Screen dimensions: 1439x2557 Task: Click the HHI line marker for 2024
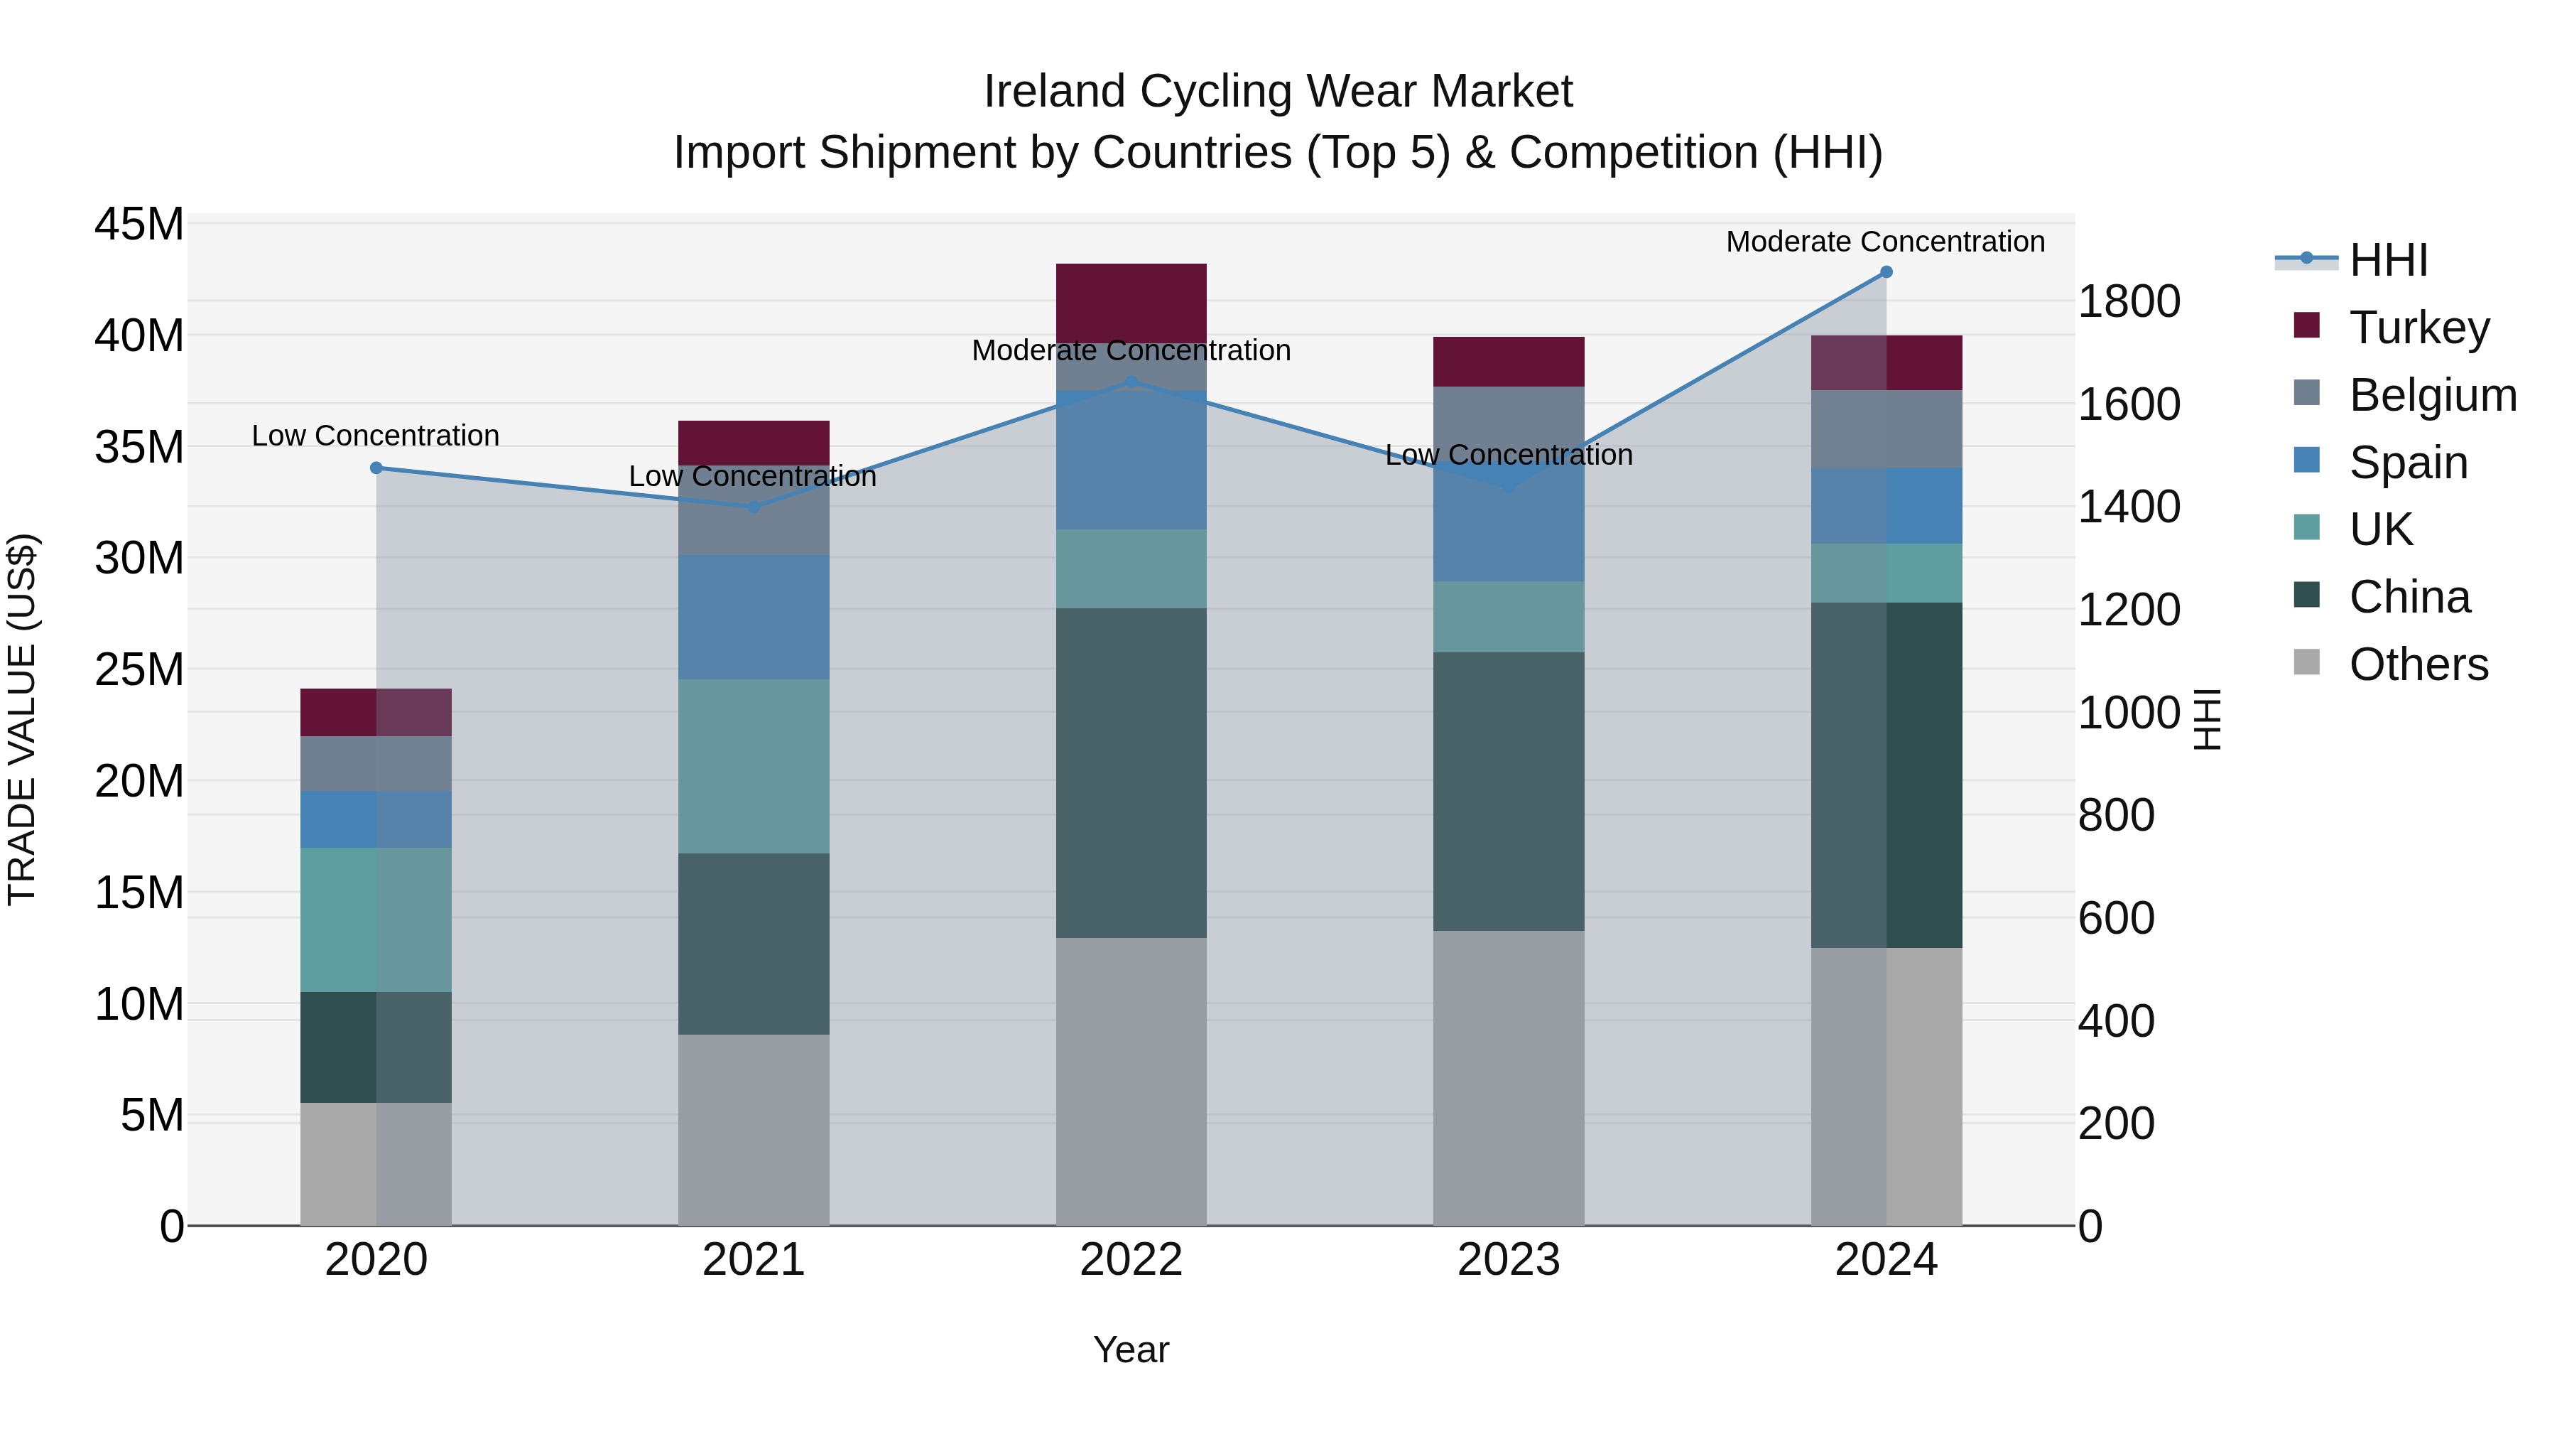1886,272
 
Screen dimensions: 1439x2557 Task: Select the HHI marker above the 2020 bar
376,468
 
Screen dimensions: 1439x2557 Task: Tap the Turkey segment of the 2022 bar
1131,303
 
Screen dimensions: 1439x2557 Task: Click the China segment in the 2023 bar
1508,792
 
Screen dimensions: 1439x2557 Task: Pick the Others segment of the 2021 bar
754,1130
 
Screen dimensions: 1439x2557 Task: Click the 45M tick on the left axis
139,225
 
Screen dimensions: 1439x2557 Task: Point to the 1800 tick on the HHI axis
2129,302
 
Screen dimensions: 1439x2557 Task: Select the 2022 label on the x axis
1131,1260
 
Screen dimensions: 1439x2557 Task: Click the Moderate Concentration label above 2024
1885,242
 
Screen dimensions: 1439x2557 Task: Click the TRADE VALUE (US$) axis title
22,719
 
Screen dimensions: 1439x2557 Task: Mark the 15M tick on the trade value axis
139,893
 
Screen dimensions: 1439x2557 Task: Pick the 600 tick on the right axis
2117,919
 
